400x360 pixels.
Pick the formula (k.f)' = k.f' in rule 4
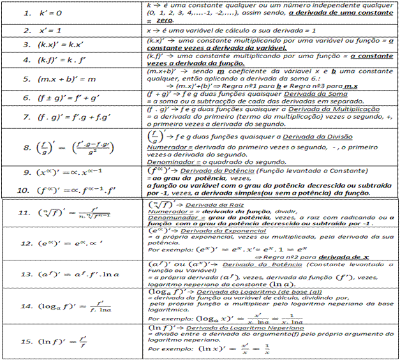click(x=68, y=60)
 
